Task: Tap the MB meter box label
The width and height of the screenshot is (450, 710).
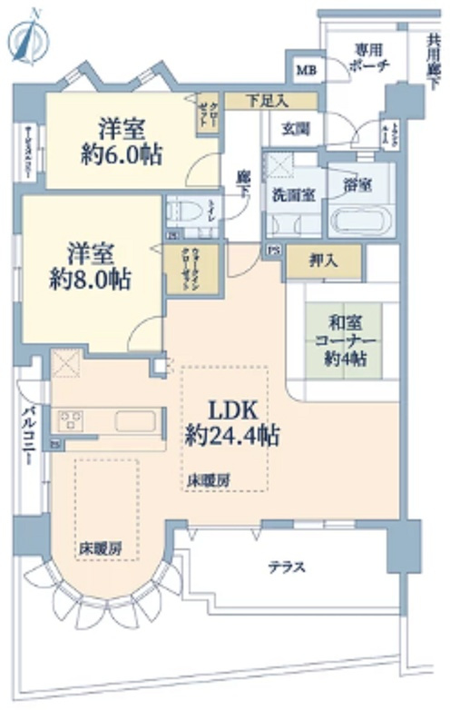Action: click(303, 69)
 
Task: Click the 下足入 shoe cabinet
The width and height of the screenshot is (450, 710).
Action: click(270, 100)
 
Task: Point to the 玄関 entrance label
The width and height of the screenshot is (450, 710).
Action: click(295, 129)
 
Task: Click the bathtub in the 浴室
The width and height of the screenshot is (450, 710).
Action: click(360, 221)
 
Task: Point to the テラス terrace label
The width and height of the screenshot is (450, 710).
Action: click(286, 567)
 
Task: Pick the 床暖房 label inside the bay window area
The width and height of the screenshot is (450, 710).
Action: click(99, 549)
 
